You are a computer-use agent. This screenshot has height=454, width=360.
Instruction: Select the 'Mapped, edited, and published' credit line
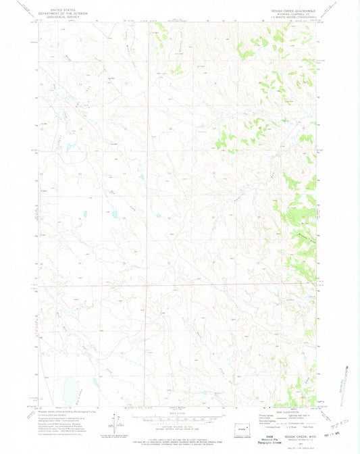click(x=63, y=409)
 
